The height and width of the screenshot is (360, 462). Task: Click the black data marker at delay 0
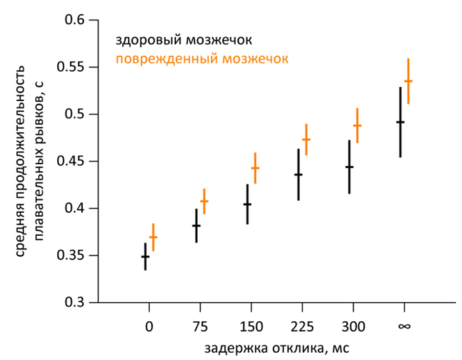[145, 256]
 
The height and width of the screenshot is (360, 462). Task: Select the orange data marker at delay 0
[153, 236]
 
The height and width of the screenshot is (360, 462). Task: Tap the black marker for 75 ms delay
[196, 225]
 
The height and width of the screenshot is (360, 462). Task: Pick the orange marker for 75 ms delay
[204, 201]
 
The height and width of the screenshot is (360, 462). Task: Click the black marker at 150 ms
[248, 204]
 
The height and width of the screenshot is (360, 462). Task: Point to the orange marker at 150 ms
[255, 168]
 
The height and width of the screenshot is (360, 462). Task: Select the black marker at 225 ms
[298, 174]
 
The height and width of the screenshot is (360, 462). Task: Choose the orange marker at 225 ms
[306, 139]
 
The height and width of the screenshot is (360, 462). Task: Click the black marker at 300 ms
[350, 167]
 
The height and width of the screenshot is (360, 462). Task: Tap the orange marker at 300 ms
[358, 125]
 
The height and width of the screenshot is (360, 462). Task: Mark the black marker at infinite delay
[400, 122]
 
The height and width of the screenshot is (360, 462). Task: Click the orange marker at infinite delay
[408, 81]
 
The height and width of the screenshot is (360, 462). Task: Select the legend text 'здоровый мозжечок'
[184, 41]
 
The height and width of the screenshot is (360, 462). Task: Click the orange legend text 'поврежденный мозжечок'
[202, 59]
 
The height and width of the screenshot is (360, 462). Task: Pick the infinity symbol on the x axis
[404, 325]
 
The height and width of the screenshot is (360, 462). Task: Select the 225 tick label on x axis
[302, 325]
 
